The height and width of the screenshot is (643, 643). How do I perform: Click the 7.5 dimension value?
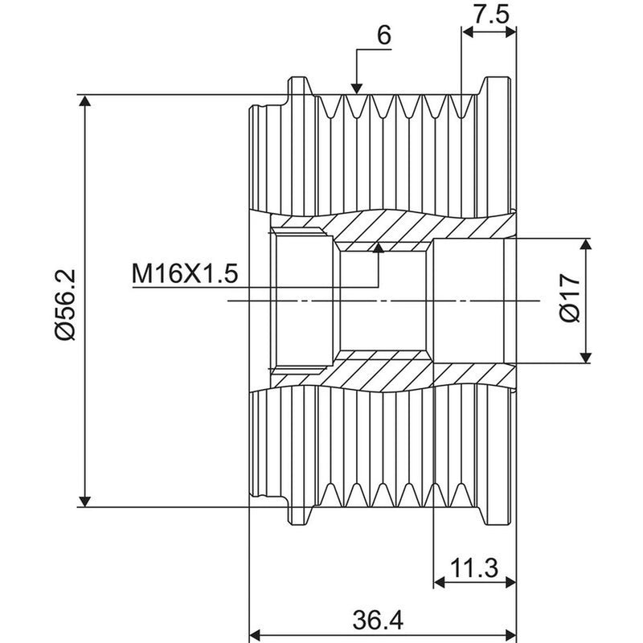(x=491, y=14)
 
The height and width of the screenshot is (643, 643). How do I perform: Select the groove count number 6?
(x=384, y=35)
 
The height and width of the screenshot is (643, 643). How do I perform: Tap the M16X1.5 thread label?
(x=185, y=273)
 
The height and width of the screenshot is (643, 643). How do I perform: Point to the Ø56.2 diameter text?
(x=66, y=305)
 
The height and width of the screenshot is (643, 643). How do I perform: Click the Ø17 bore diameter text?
(x=570, y=298)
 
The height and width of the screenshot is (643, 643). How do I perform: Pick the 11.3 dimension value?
(x=473, y=568)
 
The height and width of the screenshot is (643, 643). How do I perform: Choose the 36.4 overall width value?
(x=378, y=620)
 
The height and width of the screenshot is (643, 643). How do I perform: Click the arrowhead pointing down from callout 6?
(x=357, y=88)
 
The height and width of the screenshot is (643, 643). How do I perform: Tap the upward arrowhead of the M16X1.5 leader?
(x=379, y=247)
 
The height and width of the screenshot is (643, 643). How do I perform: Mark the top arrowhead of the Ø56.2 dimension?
(x=84, y=100)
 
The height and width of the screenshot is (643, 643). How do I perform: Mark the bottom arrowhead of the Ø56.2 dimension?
(x=84, y=501)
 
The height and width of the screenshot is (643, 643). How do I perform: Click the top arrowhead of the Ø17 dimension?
(x=587, y=244)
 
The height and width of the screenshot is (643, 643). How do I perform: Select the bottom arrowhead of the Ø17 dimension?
(x=587, y=357)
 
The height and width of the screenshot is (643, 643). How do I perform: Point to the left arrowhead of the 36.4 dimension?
(x=256, y=634)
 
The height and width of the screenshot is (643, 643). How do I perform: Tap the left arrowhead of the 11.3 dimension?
(x=440, y=582)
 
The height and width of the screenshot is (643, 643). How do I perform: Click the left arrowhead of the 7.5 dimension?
(x=468, y=32)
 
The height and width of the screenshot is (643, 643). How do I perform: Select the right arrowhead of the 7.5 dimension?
(x=510, y=32)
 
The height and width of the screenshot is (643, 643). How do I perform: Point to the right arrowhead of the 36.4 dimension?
(x=510, y=634)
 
